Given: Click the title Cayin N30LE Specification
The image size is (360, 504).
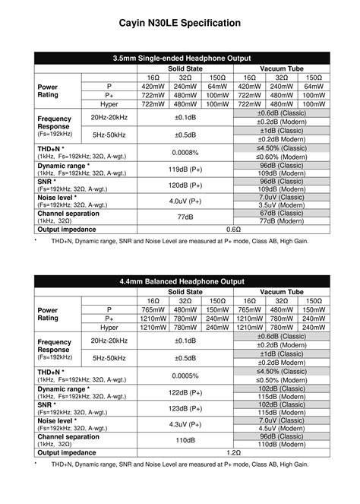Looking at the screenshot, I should pos(180,24).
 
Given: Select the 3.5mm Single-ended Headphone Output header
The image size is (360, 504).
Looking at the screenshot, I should pos(180,58).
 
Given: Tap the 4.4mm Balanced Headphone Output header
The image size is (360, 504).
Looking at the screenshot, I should pos(180,281).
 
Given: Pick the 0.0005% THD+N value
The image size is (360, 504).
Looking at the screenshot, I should pos(185,376).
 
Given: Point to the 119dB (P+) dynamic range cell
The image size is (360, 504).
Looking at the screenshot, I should pos(185,170).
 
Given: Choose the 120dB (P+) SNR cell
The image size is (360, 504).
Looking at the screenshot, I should pos(185,185).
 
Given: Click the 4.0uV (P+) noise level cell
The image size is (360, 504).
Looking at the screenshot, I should pos(185,201).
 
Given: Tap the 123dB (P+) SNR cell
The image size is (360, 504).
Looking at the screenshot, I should pos(185,408).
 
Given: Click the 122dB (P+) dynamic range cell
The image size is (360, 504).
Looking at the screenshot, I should pos(185,392).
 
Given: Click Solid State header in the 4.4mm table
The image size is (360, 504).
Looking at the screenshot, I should pos(185,292).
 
